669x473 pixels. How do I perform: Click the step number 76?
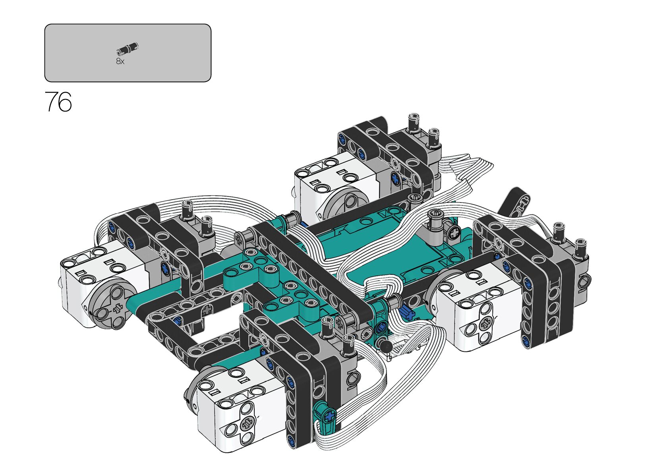[58, 102]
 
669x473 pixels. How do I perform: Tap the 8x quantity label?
[120, 61]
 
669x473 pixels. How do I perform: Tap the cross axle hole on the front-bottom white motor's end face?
[247, 423]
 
